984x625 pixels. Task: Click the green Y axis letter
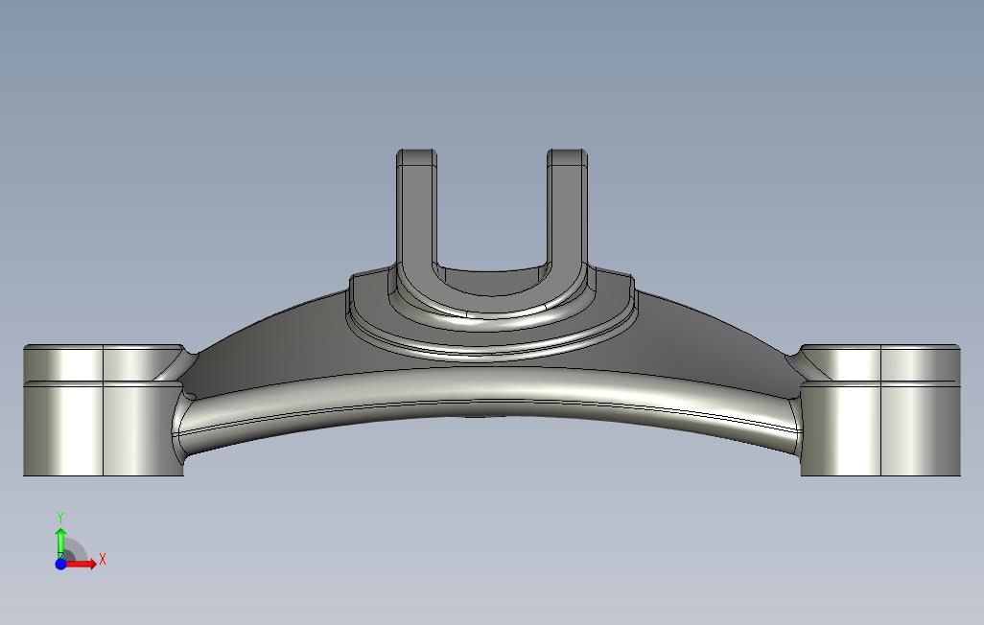point(60,518)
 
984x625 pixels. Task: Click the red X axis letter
point(103,559)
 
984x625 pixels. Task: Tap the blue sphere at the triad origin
point(60,564)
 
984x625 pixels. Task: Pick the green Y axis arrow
point(60,543)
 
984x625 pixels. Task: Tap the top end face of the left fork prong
point(416,157)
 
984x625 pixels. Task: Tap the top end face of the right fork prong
point(568,157)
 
